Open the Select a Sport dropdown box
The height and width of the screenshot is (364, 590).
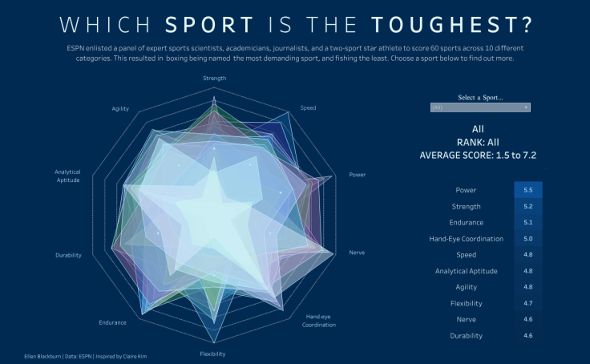[480, 107]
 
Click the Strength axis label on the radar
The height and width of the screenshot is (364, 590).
[215, 79]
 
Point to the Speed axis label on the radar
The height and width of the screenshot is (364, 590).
[308, 107]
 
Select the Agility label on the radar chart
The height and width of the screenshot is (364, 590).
[120, 108]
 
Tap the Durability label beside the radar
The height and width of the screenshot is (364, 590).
[68, 255]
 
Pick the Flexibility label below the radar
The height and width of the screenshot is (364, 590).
[212, 354]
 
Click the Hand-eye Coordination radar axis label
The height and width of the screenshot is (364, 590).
[318, 321]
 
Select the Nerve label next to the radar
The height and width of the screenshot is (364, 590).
[357, 253]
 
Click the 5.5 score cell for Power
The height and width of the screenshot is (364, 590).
[528, 190]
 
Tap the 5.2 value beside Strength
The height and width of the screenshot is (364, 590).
[528, 206]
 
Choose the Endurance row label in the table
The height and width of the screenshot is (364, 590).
[466, 222]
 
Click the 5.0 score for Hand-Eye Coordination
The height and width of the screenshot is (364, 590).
[528, 238]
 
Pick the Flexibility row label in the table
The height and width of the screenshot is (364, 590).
[466, 303]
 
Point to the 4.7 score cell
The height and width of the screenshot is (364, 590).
[528, 303]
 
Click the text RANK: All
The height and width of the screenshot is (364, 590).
[478, 142]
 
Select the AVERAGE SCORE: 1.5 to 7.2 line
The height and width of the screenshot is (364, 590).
[478, 155]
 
